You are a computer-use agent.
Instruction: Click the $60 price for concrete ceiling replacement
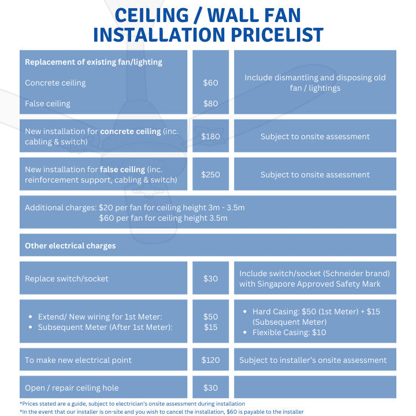tap(210, 83)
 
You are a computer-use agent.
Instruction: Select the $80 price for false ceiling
tap(210, 103)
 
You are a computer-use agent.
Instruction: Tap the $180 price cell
tap(210, 136)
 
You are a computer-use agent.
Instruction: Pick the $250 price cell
tap(210, 174)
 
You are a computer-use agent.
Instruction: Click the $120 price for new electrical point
tap(210, 360)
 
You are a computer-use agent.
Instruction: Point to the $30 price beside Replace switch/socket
tap(210, 278)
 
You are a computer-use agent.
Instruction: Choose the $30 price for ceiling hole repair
tap(210, 388)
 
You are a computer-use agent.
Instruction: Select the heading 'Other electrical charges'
tap(70, 246)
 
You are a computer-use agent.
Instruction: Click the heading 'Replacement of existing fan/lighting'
tap(93, 62)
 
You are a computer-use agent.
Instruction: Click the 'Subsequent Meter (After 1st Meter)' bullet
tap(105, 327)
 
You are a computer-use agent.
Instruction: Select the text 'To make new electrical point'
tap(78, 360)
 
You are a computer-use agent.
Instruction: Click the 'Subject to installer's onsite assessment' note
tap(313, 360)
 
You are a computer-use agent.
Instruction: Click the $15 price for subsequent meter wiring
tap(210, 327)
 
